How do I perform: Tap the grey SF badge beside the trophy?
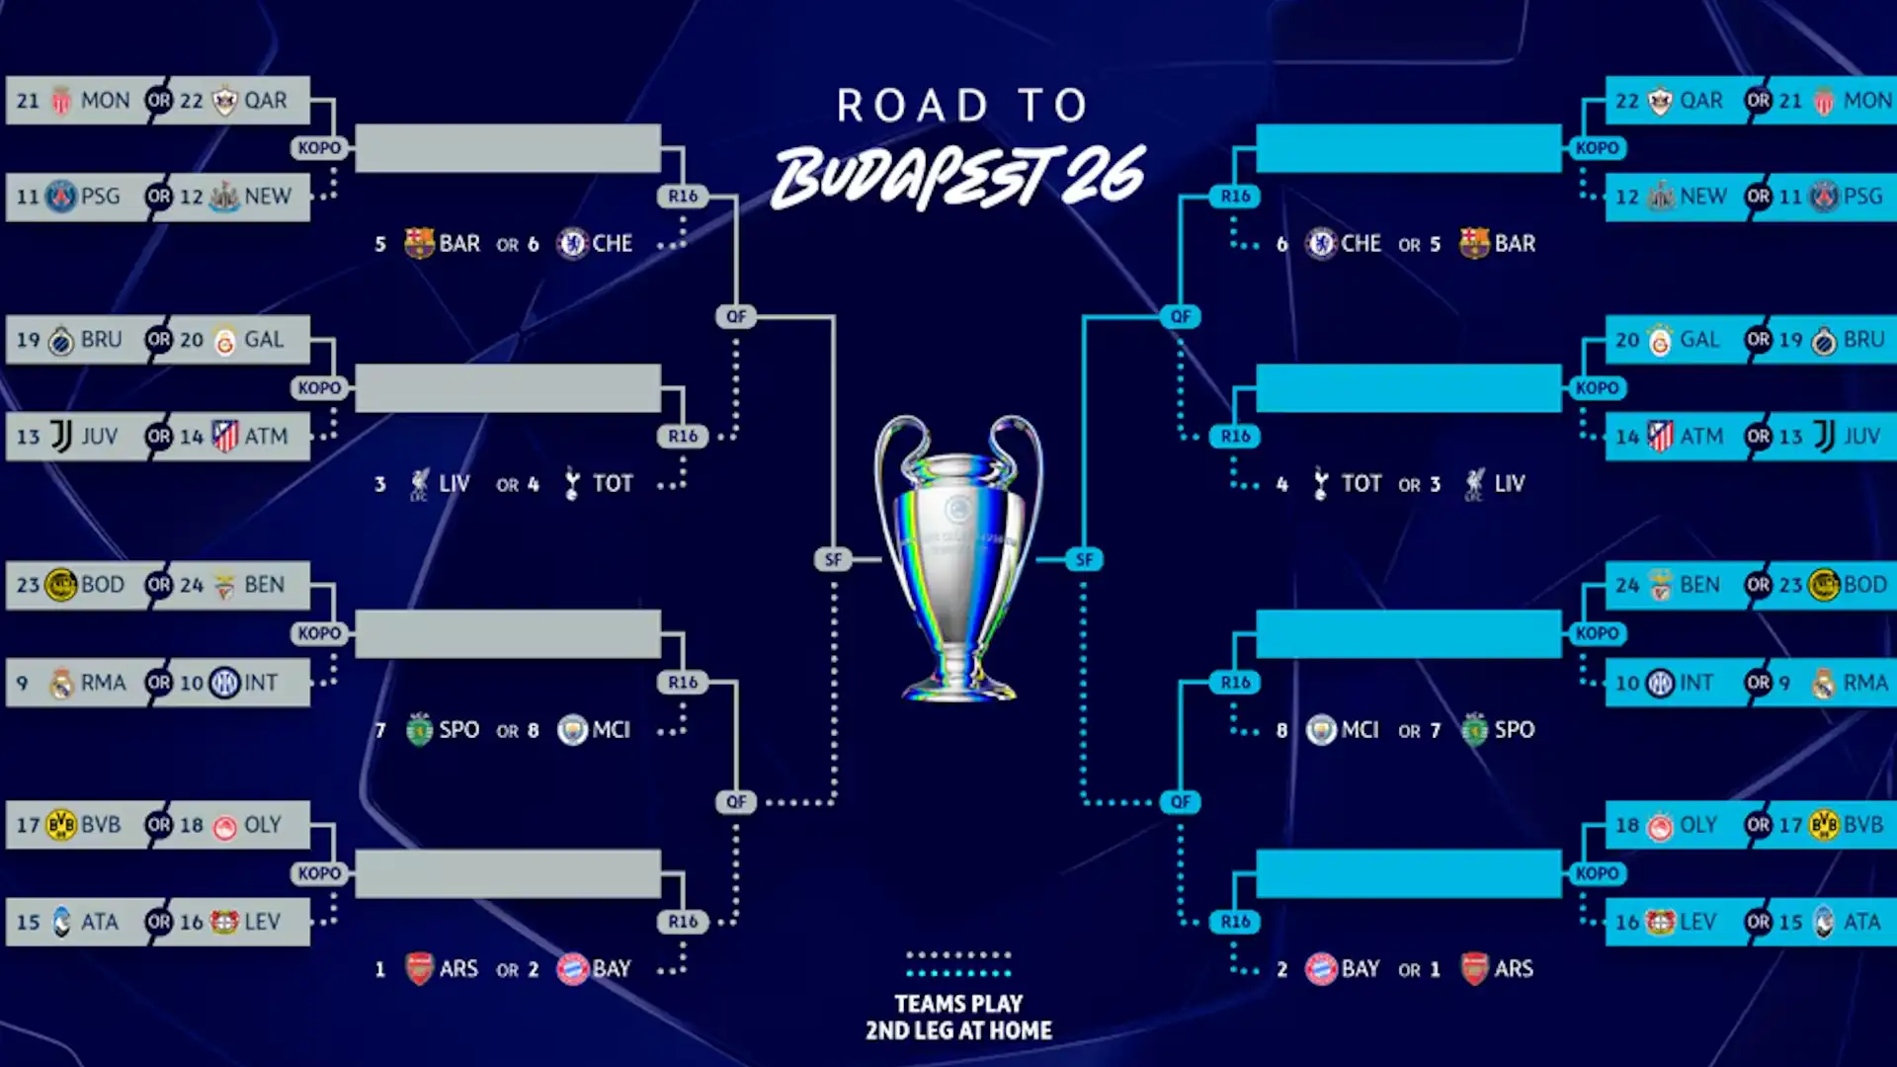click(833, 559)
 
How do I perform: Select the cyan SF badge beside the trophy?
click(1084, 559)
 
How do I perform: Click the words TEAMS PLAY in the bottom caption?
click(958, 1004)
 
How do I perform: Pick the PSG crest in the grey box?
click(61, 197)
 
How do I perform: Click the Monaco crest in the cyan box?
click(1824, 101)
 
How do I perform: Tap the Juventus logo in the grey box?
click(61, 436)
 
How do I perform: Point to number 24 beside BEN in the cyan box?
click(1627, 585)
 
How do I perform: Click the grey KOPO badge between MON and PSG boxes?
click(319, 148)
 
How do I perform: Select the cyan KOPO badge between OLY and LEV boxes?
click(1597, 873)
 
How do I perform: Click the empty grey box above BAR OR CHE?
click(508, 148)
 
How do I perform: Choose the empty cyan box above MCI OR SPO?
click(1409, 633)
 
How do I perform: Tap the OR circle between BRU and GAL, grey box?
click(158, 340)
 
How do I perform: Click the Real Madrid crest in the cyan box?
click(1824, 683)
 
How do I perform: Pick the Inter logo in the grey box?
click(224, 683)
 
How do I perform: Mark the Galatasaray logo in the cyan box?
click(1660, 340)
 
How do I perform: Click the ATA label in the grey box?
click(100, 922)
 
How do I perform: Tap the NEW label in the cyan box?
click(1703, 197)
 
